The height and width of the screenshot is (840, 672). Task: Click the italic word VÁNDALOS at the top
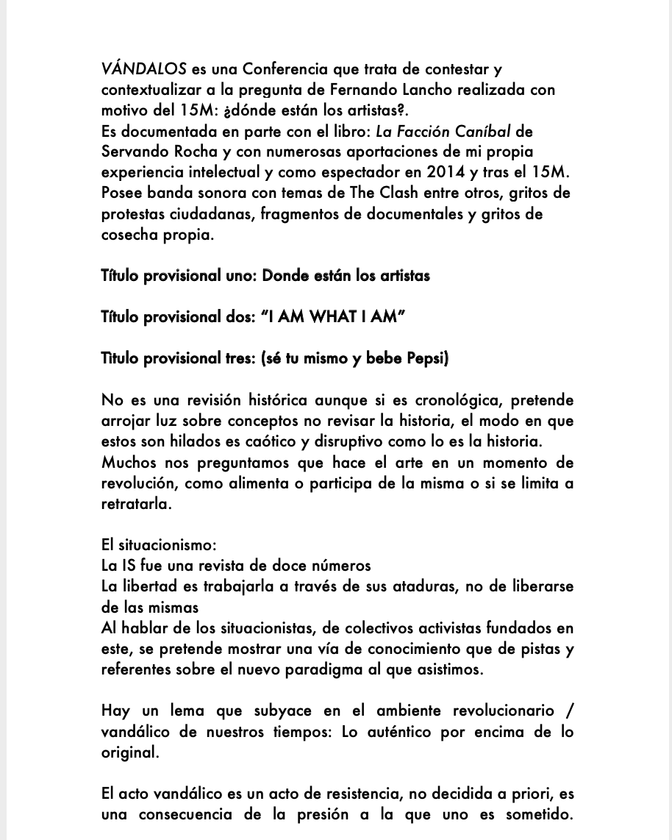coord(144,70)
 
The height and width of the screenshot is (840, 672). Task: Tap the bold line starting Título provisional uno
coord(265,276)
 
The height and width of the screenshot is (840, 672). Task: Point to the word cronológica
coord(457,401)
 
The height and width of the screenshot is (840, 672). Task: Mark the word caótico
coord(290,443)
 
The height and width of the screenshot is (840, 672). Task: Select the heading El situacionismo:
coord(159,545)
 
